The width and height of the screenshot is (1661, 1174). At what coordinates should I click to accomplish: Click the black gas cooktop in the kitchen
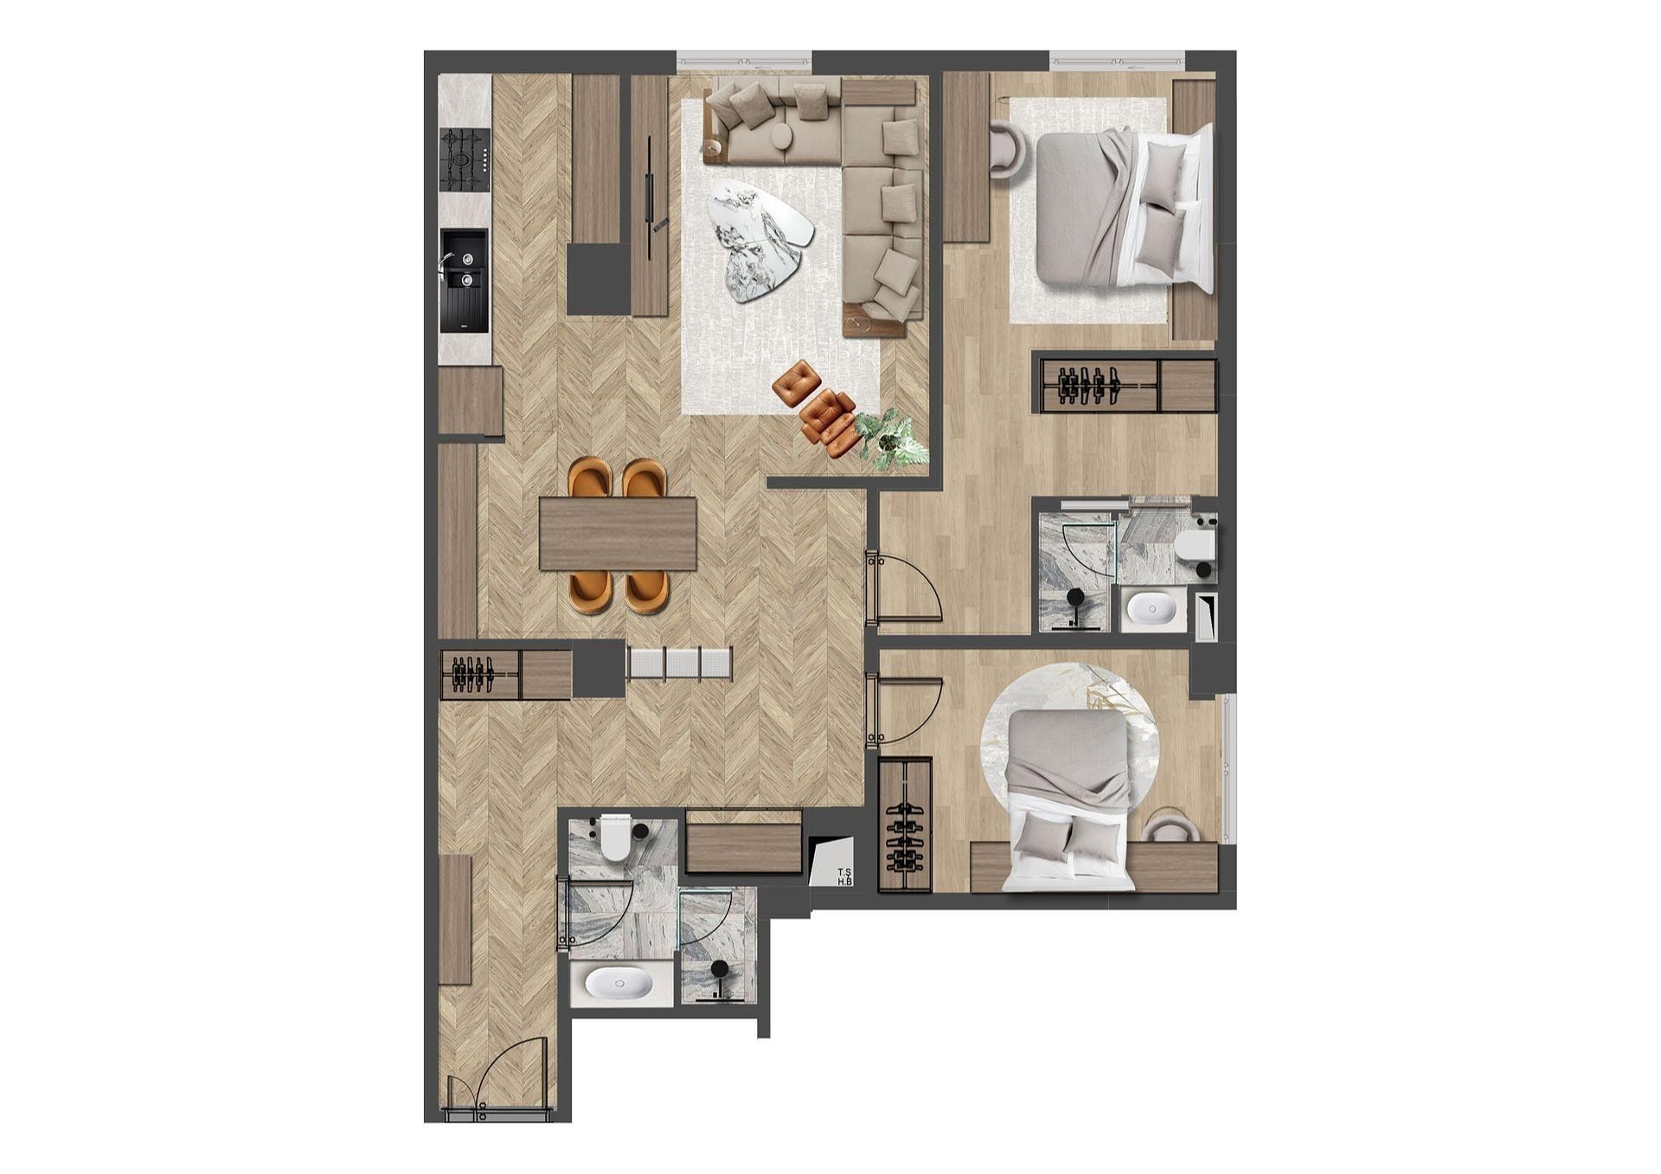(x=465, y=160)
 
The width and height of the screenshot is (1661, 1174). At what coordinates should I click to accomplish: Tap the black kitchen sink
(x=465, y=280)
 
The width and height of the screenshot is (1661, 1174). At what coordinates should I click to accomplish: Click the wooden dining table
(x=618, y=533)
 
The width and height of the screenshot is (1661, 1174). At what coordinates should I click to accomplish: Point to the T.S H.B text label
(x=844, y=876)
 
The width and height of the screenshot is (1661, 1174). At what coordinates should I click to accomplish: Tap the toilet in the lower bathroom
(x=616, y=837)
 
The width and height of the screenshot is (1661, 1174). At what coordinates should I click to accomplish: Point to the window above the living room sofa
(x=744, y=61)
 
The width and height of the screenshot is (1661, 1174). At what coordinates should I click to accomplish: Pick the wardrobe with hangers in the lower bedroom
(x=905, y=824)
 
